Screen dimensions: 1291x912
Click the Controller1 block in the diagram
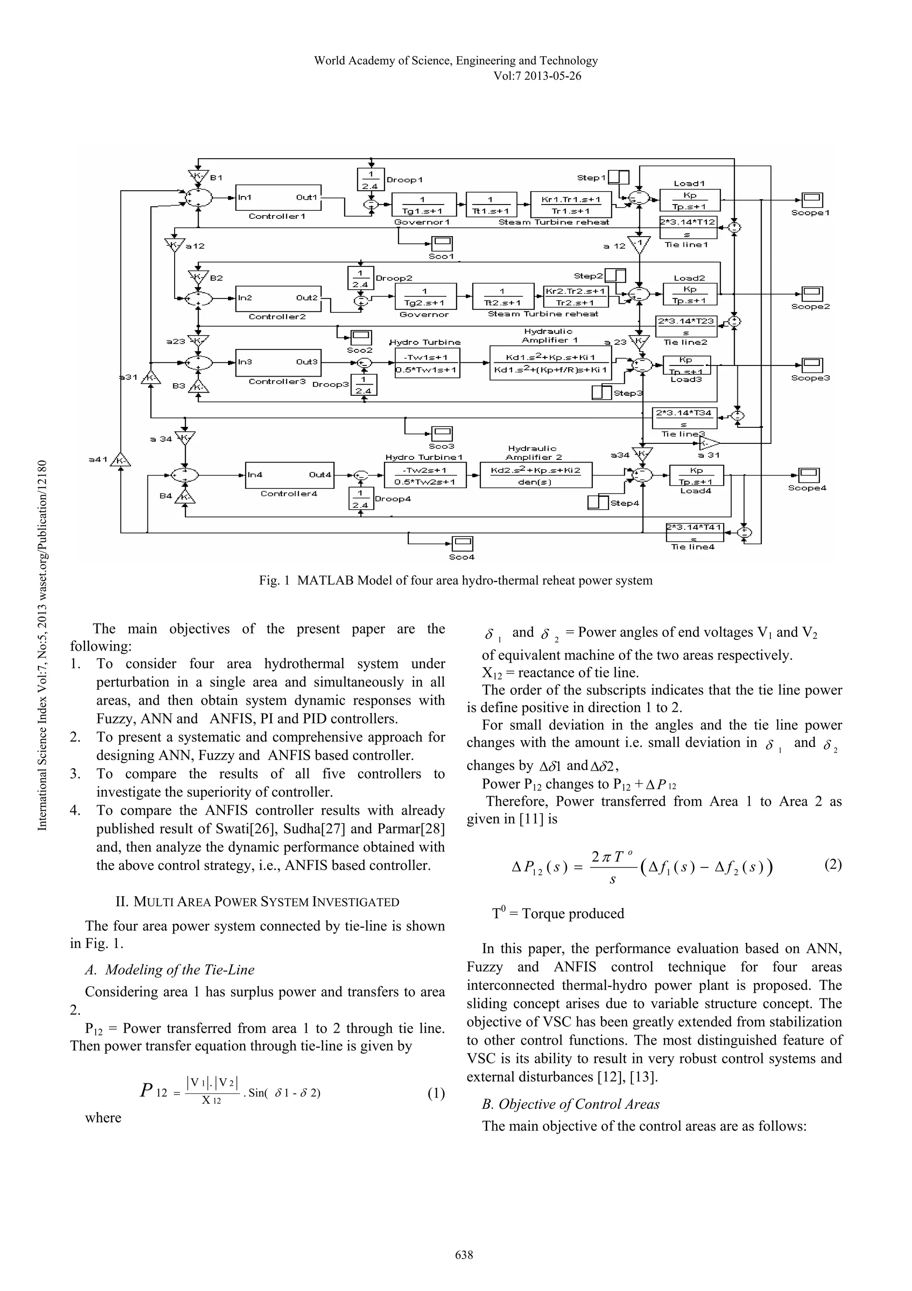[x=278, y=197]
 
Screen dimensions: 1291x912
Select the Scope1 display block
[x=812, y=200]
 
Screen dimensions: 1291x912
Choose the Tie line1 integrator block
[x=688, y=228]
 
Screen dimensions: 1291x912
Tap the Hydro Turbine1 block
[x=424, y=475]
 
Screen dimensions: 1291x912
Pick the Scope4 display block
[x=809, y=475]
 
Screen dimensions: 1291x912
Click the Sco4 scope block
[x=463, y=544]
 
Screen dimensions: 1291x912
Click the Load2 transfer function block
[x=690, y=294]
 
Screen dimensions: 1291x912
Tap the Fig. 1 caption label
[x=456, y=581]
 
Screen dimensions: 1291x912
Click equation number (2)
[x=833, y=864]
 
